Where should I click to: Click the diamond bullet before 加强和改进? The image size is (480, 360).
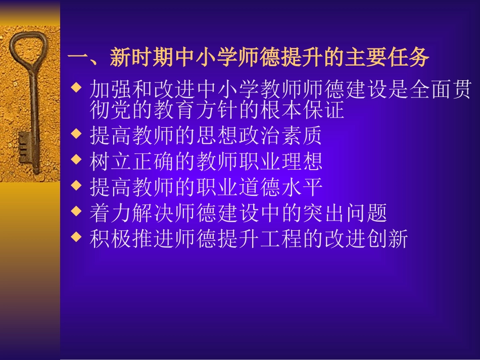pos(76,88)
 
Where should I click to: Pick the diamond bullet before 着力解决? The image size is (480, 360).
pos(76,211)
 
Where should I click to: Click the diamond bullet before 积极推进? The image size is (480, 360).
pos(76,236)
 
